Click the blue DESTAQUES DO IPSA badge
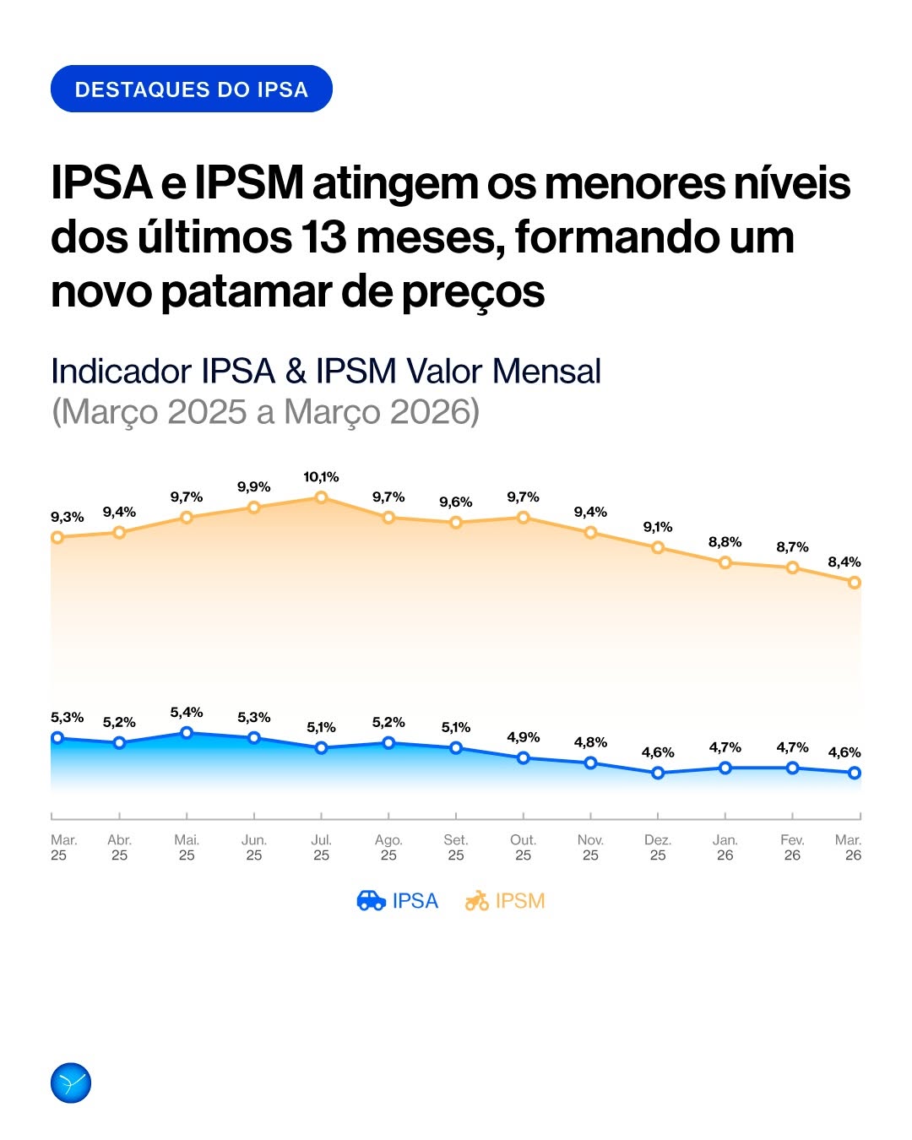coord(192,89)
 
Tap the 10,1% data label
coord(321,477)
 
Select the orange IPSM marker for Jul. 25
coord(321,497)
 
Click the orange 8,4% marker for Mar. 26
coord(855,583)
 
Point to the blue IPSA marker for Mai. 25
coord(187,733)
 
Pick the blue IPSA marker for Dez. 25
coord(658,773)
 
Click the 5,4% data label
coord(187,713)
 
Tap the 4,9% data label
coord(523,737)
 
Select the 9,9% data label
coord(254,487)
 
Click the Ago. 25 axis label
coord(388,848)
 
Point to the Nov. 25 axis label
coord(590,848)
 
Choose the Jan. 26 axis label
coord(725,848)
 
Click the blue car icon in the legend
coord(372,900)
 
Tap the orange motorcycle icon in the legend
coord(476,900)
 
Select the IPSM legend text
coord(520,900)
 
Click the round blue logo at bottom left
coord(71,1083)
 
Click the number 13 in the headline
coord(323,237)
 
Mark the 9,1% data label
coord(658,527)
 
